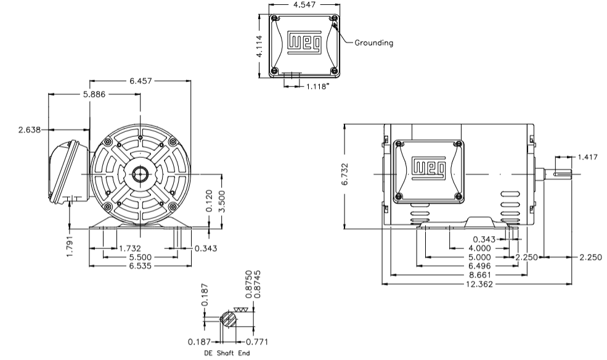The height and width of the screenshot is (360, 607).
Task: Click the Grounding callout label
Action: coord(373,43)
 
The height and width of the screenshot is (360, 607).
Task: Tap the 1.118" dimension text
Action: coord(318,86)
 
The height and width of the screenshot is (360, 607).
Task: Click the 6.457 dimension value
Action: coord(141,81)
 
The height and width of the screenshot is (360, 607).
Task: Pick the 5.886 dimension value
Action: coord(94,94)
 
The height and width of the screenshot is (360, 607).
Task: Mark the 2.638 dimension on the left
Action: coord(30,129)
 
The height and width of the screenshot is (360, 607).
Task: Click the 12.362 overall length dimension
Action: coord(479,284)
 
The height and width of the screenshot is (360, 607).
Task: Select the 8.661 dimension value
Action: coord(479,275)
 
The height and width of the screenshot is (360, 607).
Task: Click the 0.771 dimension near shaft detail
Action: coord(257,341)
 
